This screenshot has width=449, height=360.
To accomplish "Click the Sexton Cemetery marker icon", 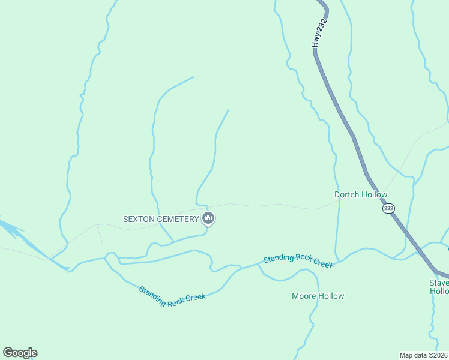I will [x=208, y=219].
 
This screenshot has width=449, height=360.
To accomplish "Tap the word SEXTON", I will [x=140, y=219].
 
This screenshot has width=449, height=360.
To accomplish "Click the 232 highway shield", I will [x=388, y=208].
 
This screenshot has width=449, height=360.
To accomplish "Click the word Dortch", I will [x=347, y=195].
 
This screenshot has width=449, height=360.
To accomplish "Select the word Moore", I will [x=304, y=296].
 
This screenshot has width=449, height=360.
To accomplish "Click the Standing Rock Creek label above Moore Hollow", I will [x=298, y=260].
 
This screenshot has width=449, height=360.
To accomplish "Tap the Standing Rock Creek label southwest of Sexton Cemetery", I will [x=172, y=296].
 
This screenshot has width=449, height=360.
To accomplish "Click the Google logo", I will [x=20, y=353].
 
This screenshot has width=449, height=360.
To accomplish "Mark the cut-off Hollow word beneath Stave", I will [x=439, y=292].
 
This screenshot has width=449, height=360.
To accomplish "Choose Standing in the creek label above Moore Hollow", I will [x=277, y=259].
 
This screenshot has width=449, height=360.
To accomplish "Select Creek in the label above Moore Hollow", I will [x=322, y=263].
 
